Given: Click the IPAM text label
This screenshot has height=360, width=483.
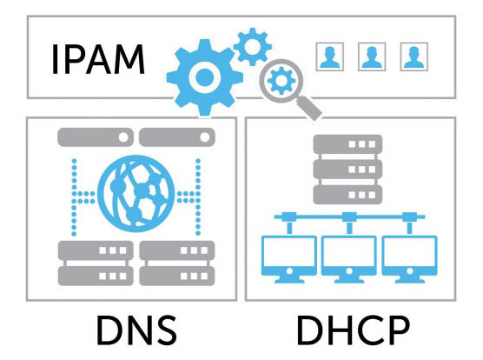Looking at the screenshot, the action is coord(98,59).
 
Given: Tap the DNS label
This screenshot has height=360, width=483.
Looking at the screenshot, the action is coord(136,330).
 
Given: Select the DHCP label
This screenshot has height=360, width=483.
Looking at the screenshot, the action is coord(353,330).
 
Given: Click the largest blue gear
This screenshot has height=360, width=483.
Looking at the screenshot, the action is coord(204,77).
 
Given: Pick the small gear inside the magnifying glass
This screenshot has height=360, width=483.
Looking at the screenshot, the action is coord(281,81).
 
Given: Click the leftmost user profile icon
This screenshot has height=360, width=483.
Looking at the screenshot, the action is coord(330,57).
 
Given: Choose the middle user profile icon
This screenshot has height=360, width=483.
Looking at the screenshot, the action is coord(372,57).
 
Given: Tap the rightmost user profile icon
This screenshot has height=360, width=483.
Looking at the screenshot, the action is coord(414,57).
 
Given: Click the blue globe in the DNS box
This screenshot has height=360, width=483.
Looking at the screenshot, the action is coord(136,194).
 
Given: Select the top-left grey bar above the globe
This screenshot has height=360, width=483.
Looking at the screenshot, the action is coord(96,137).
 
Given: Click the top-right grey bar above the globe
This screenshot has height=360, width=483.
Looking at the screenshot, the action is coord(177,137).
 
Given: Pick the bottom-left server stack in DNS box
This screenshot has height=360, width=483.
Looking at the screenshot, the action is coord(96,263).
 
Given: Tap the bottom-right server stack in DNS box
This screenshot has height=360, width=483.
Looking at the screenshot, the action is coord(177,263).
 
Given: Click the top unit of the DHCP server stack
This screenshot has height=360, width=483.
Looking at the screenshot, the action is coord(347,144).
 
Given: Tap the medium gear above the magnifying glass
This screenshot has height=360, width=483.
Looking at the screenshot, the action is coord(253,47).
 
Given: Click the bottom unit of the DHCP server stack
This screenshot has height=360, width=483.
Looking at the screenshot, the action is coord(347,195).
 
